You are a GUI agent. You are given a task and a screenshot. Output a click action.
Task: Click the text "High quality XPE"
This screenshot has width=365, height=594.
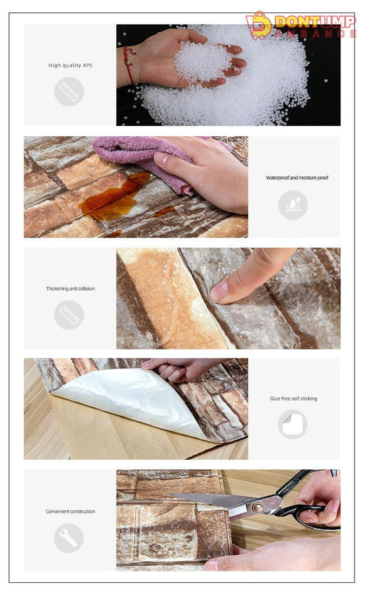pyautogui.click(x=70, y=65)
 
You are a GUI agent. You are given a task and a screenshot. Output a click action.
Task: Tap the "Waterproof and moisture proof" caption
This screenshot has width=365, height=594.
pyautogui.click(x=297, y=178)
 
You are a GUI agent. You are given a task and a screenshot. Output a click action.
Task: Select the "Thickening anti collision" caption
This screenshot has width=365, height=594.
pyautogui.click(x=70, y=288)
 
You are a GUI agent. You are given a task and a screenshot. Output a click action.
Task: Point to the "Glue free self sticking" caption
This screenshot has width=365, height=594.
pyautogui.click(x=293, y=398)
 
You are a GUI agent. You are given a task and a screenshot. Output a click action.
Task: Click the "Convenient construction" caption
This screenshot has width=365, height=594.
pyautogui.click(x=70, y=511)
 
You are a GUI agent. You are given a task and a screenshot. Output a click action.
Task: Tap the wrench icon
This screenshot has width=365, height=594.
pyautogui.click(x=69, y=538)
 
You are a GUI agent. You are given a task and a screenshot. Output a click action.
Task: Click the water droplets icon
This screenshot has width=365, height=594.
pyautogui.click(x=293, y=204)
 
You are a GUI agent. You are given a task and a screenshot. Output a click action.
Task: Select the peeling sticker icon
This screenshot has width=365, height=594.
pyautogui.click(x=293, y=424)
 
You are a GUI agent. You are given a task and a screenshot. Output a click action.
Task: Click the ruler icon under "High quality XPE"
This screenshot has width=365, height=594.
pyautogui.click(x=69, y=92)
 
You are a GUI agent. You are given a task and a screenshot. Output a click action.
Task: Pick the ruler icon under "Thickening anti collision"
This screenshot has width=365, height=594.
pyautogui.click(x=69, y=315)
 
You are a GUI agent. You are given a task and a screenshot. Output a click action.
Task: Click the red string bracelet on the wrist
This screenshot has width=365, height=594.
pyautogui.click(x=129, y=65)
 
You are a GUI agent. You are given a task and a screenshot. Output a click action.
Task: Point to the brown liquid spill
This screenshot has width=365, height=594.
pyautogui.click(x=118, y=197)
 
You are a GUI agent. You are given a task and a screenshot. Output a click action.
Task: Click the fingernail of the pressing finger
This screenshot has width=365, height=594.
pyautogui.click(x=219, y=292)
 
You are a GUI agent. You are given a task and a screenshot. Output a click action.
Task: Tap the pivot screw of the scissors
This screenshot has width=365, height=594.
pyautogui.click(x=258, y=507)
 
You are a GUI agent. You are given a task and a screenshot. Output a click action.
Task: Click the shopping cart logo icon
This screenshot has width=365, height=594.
pyautogui.click(x=258, y=25)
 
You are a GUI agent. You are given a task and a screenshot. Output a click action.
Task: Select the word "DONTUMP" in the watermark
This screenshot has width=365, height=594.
pyautogui.click(x=315, y=21)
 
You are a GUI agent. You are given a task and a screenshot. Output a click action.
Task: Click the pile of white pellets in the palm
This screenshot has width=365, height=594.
pyautogui.click(x=202, y=61)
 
